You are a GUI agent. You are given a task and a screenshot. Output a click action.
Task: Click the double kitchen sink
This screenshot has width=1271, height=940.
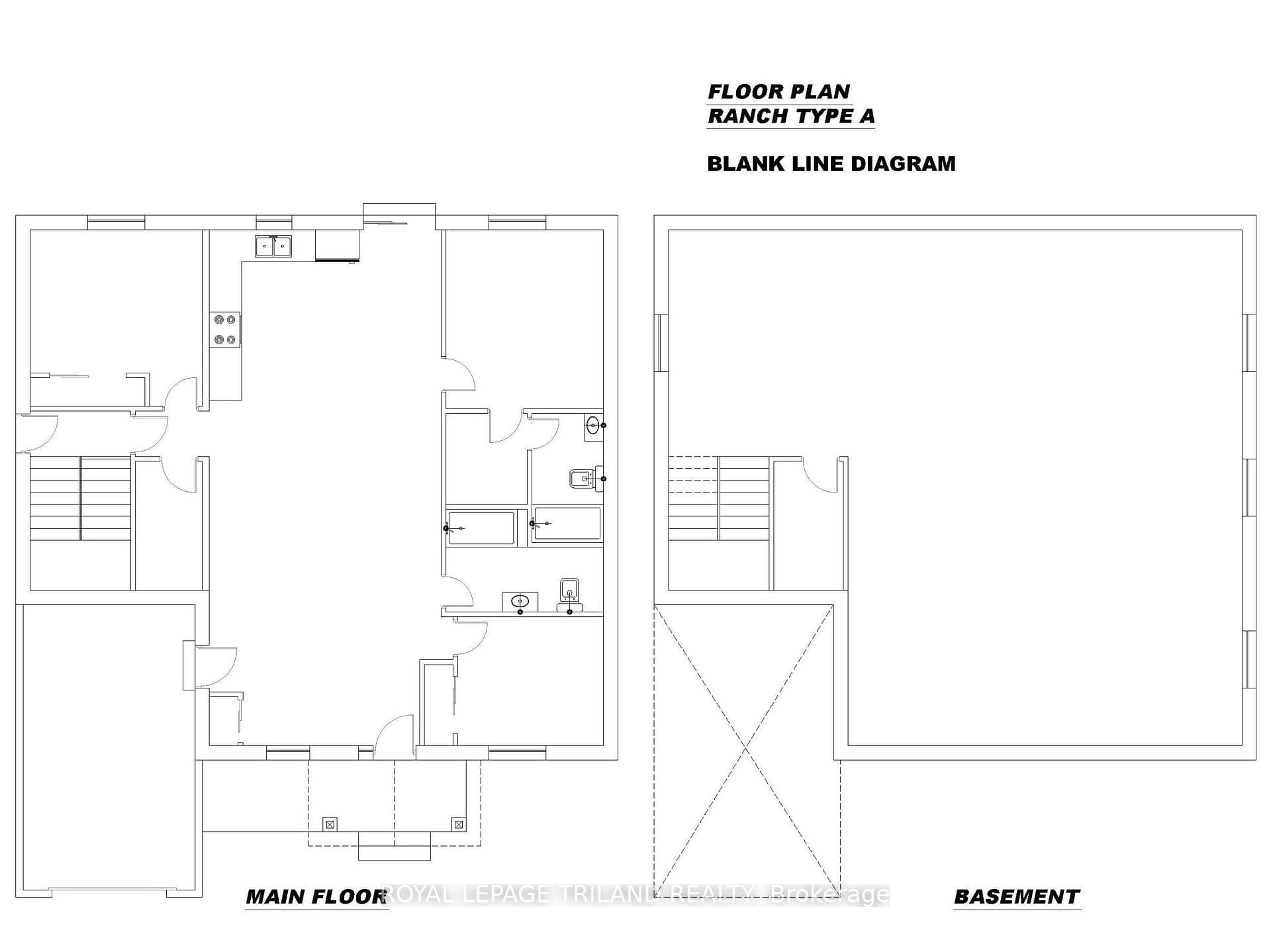pos(273,246)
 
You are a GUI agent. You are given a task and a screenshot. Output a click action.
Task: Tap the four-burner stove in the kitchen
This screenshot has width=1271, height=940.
pos(224,330)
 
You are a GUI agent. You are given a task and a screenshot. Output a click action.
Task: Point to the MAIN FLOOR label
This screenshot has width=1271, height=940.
pos(316,897)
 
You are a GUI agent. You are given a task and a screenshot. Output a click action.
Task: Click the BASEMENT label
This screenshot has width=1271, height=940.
pos(1017,897)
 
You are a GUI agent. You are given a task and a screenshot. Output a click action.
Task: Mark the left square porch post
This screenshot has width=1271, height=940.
pos(330,824)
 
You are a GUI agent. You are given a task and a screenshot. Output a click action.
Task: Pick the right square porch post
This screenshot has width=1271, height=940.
pos(458,824)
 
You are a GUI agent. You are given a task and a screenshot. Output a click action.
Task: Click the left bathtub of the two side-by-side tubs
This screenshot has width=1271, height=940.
pos(481,528)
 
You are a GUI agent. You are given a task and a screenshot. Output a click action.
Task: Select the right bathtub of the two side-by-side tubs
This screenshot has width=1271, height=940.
pos(567,524)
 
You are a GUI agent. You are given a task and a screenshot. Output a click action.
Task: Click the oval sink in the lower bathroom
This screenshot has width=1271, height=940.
pos(520,602)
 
